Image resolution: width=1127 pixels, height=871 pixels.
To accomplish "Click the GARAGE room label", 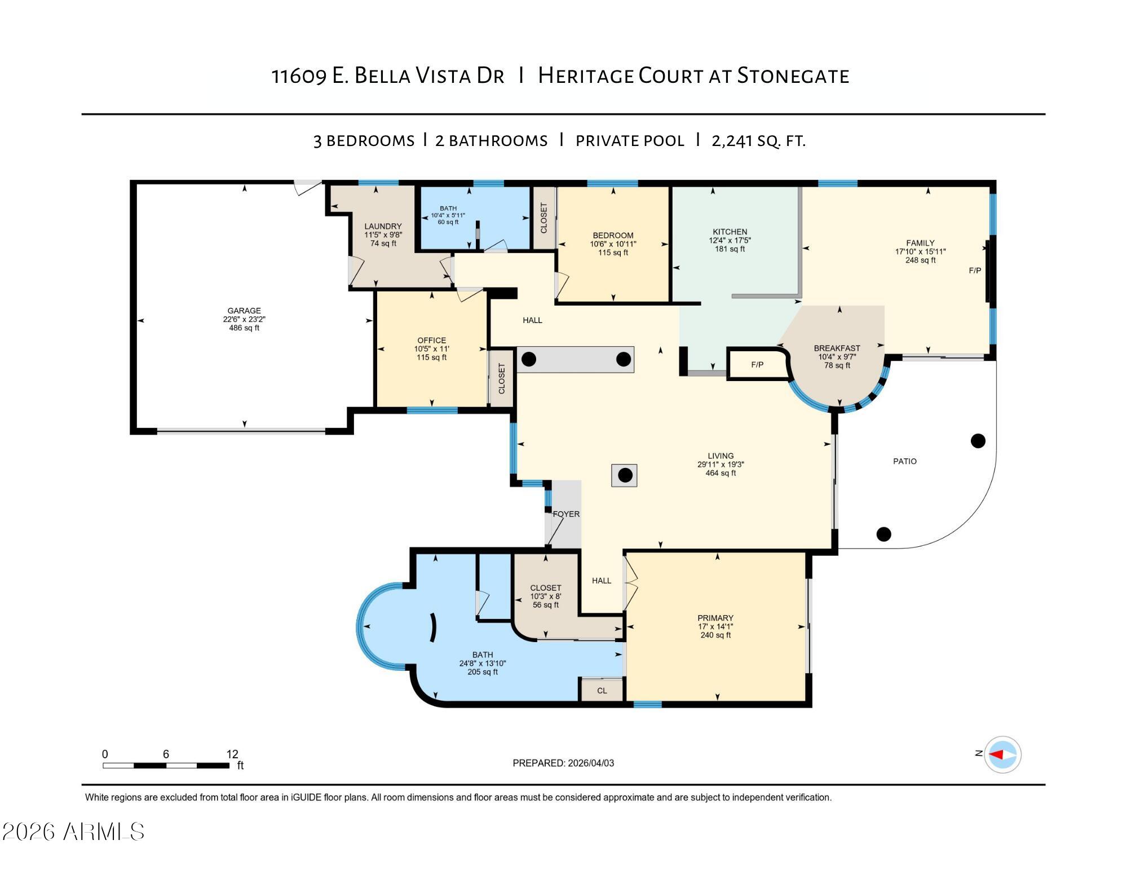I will tap(244, 311).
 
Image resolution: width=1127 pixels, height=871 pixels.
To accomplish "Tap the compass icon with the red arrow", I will tap(1002, 754).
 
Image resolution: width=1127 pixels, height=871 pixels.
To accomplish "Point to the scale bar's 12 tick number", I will tap(232, 754).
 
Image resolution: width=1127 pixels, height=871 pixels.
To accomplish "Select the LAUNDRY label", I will tap(383, 227).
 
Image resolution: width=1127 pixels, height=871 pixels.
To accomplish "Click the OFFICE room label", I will tap(431, 341).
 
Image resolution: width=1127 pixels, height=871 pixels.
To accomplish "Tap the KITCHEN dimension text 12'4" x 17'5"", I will tap(730, 240).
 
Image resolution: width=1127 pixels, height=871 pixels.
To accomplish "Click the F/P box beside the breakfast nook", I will tap(757, 365).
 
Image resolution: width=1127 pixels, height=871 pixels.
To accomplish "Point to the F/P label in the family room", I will tap(975, 271).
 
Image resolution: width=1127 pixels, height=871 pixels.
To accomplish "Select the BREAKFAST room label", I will tap(837, 348).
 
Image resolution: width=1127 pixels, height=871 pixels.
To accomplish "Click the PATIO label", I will tap(904, 461).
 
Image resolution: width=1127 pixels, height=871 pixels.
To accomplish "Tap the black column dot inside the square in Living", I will tap(625, 475).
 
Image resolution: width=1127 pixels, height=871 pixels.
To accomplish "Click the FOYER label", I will tap(566, 514).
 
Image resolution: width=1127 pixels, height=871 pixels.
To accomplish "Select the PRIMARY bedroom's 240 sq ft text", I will tap(715, 635).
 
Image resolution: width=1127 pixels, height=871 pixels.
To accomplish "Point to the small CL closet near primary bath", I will tap(602, 691).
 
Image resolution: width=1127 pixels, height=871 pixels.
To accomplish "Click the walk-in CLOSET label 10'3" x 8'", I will tap(545, 588).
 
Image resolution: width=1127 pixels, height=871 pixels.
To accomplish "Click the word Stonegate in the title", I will tap(793, 76).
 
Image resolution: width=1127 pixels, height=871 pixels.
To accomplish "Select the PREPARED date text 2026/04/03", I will tap(591, 763).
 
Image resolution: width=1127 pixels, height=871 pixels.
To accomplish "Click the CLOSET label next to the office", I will tap(502, 378).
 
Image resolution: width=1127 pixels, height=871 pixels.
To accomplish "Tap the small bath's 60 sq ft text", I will tap(448, 222).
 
